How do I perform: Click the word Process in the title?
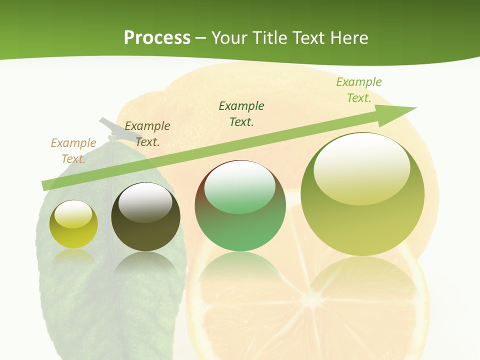[157, 38]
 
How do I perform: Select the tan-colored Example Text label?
[73, 150]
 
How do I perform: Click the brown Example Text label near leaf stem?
[147, 133]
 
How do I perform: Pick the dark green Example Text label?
[241, 113]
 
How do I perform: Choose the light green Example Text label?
[358, 89]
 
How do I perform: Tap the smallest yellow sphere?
[73, 224]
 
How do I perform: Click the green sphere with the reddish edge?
[240, 206]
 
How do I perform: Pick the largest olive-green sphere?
[362, 194]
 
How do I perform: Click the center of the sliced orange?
[303, 300]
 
